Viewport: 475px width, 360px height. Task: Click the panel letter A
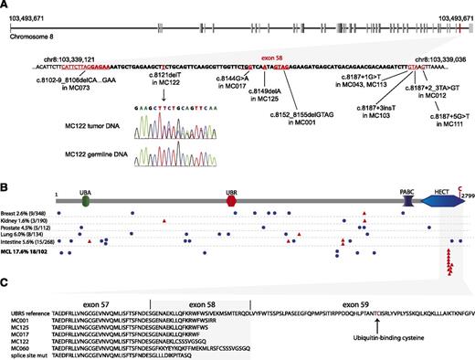5,5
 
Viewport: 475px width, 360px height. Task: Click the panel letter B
5,190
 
